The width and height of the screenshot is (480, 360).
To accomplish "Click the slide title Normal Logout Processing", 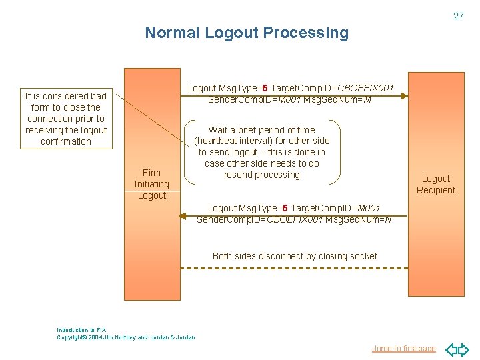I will point(247,33).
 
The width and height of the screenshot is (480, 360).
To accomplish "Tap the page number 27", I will point(458,16).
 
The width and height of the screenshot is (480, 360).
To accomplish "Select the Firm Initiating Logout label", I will point(152,184).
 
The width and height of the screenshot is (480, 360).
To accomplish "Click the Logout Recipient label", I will point(436,185).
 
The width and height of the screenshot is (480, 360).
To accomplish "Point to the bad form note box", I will point(66,119).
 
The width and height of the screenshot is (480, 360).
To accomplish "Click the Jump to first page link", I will point(403,348).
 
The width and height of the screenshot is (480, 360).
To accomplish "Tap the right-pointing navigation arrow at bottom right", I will point(464,349).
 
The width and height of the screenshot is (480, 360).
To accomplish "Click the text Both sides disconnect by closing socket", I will point(295,256).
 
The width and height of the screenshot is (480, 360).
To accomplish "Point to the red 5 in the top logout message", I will point(265,88).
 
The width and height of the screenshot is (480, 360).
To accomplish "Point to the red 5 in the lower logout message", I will point(285,209).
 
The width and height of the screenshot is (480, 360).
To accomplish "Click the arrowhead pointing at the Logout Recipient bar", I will point(403,97).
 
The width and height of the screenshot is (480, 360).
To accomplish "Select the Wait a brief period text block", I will point(262,153).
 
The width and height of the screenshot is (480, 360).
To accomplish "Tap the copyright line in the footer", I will point(126,337).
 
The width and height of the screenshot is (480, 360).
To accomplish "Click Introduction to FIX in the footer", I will point(81,330).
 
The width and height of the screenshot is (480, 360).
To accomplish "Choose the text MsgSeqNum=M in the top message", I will point(337,99).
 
